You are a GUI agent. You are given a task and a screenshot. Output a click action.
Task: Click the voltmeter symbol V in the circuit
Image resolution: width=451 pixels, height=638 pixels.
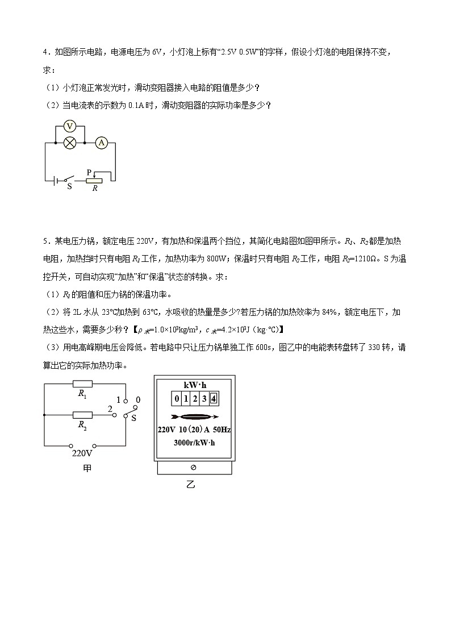(70, 127)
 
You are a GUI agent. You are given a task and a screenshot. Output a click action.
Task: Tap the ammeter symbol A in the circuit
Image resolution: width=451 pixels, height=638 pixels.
(102, 143)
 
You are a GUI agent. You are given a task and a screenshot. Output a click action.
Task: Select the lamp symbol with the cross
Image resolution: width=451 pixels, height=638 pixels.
(70, 143)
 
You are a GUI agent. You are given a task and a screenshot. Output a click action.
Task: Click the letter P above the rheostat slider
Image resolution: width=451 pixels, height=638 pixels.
(89, 172)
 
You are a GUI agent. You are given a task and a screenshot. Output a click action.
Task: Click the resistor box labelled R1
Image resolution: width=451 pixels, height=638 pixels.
(83, 383)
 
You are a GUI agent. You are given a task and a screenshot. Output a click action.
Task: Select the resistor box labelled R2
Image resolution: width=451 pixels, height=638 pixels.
(83, 415)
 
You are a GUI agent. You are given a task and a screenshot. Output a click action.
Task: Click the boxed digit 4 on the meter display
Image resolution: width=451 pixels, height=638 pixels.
(213, 398)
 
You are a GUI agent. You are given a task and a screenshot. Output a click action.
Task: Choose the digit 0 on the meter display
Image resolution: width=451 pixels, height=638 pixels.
(177, 398)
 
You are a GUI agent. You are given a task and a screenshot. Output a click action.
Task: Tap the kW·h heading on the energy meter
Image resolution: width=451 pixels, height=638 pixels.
(195, 384)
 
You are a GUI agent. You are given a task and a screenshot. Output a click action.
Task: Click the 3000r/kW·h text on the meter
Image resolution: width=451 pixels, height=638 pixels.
(195, 443)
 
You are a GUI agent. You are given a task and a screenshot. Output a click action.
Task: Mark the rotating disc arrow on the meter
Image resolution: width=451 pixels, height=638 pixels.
(195, 415)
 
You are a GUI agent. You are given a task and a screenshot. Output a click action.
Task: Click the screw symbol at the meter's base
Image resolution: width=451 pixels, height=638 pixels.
(194, 467)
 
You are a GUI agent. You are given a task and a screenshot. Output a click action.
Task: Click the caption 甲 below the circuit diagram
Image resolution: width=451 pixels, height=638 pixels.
(87, 468)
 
